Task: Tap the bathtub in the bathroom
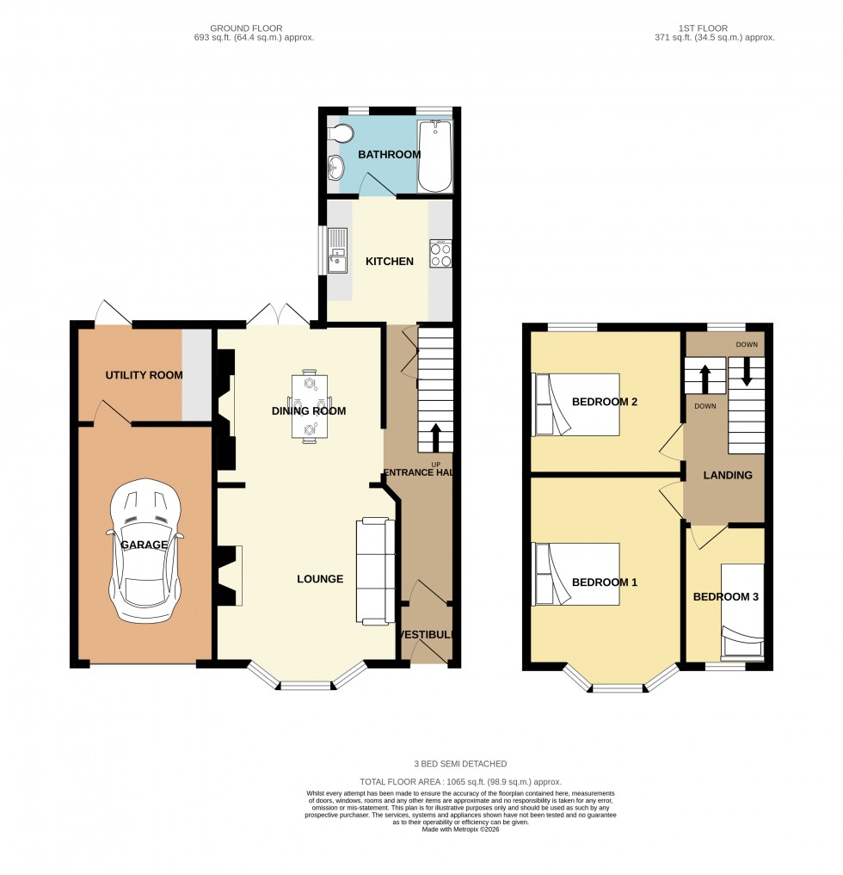pos(434,156)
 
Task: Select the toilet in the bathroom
pos(341,133)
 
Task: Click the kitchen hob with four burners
pos(440,255)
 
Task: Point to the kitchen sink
pos(336,250)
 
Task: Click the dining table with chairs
pos(310,407)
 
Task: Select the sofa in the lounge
pos(376,570)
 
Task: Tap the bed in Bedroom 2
pos(575,404)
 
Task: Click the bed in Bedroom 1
pos(575,574)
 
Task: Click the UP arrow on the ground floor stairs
pos(435,437)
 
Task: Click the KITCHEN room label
pos(390,262)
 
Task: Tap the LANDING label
pos(728,475)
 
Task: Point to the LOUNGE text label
pos(320,579)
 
